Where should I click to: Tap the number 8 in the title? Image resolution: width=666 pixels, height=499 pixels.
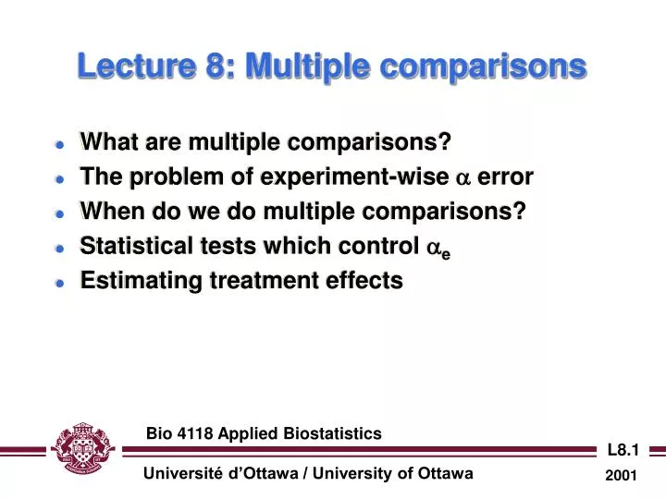click(204, 67)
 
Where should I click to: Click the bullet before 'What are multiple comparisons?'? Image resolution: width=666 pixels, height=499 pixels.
click(59, 144)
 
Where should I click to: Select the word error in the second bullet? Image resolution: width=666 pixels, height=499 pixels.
click(505, 177)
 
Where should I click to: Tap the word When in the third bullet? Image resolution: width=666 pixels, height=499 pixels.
click(109, 212)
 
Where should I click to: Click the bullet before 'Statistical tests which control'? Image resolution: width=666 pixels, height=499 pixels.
click(59, 248)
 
